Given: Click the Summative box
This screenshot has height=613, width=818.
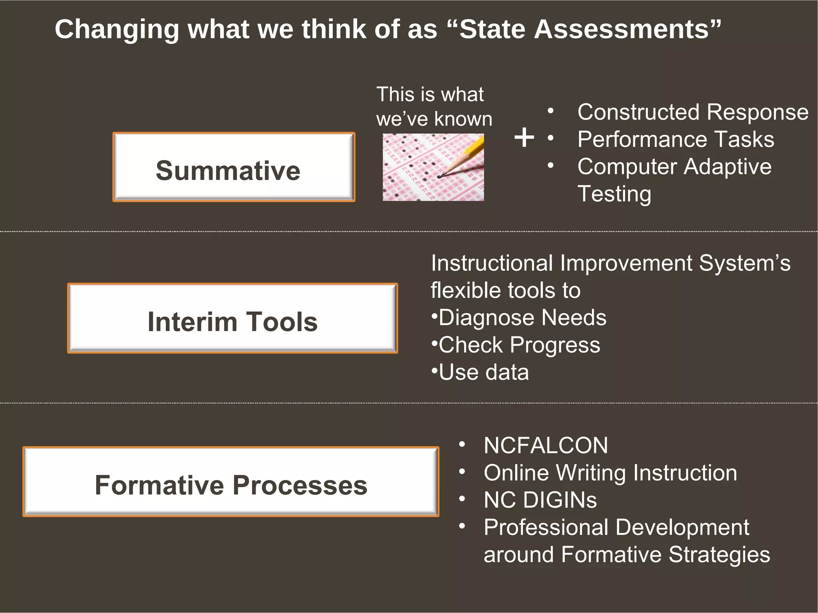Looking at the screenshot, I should click(x=234, y=167).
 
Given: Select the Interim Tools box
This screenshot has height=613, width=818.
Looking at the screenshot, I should click(x=232, y=318).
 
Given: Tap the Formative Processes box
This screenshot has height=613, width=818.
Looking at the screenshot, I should click(x=231, y=482).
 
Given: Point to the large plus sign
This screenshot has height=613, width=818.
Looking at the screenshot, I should click(x=524, y=138).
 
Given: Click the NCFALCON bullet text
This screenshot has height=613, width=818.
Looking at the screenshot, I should click(x=546, y=445).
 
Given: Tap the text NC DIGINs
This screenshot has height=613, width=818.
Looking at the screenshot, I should click(x=540, y=500).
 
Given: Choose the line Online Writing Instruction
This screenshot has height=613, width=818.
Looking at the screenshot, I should click(x=610, y=473).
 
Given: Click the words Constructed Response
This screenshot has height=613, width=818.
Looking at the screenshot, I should click(x=693, y=112).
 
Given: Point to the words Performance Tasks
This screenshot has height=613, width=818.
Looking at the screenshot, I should click(x=675, y=139).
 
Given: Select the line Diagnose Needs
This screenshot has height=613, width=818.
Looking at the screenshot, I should click(x=522, y=318).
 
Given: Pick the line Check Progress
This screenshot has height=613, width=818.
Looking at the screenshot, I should click(x=519, y=345).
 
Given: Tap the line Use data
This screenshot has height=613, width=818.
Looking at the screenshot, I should click(x=483, y=372).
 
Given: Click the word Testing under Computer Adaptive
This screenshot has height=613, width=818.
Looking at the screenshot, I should click(x=614, y=194).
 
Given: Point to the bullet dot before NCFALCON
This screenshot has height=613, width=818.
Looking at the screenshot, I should click(x=462, y=445).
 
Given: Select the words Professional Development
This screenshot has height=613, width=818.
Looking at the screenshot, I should click(x=616, y=528).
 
